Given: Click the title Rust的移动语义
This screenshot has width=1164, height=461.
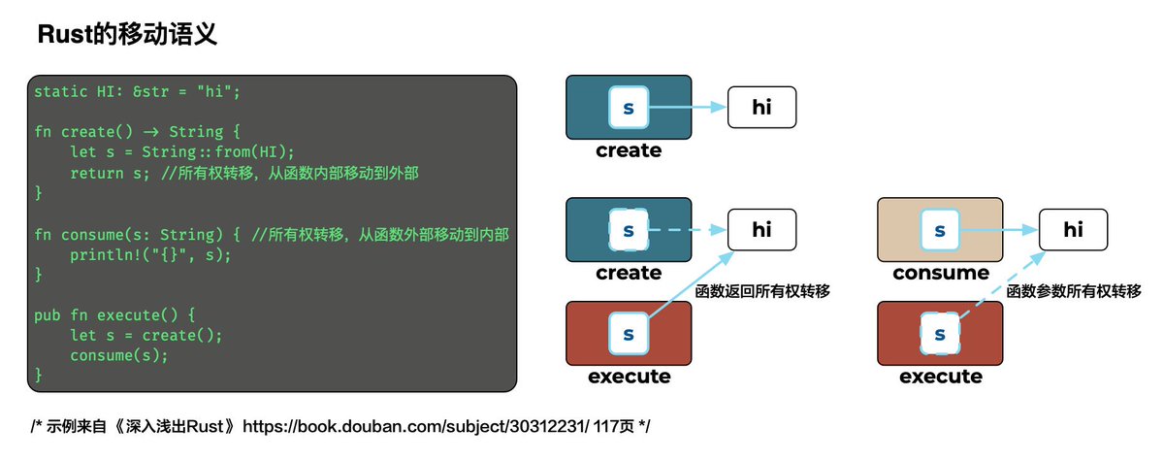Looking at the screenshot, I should coord(126,36).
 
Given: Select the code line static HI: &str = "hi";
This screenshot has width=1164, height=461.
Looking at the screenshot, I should coord(136,92).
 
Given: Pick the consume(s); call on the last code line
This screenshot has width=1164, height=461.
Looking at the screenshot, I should coord(119,355).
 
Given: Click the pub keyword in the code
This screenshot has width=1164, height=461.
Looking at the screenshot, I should coord(47,315).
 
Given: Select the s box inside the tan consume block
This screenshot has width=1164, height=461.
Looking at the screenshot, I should coord(939,230).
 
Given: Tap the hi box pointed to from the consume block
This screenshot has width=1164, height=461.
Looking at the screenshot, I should coord(1073,230).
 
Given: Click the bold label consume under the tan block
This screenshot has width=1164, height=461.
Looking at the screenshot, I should coord(940,273).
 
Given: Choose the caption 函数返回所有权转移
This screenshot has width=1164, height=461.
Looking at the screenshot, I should coord(764,290).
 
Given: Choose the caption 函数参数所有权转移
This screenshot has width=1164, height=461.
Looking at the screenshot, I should coord(1074,290).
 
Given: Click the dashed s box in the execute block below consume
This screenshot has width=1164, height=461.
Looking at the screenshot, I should coord(939,334).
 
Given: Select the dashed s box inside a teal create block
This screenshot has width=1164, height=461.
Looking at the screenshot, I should coord(628,230).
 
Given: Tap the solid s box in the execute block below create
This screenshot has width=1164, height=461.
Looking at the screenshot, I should coord(628,334).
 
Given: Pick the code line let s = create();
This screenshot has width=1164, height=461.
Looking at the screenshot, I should coord(146,336).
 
